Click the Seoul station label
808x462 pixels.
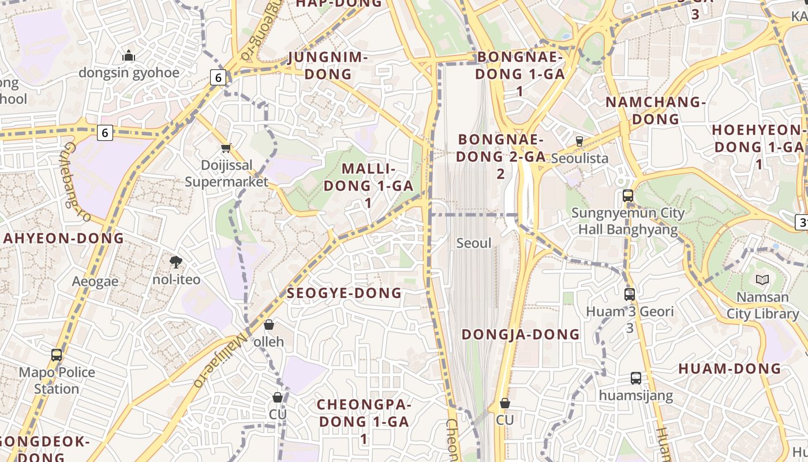(x=474, y=243)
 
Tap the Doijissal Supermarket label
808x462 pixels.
(x=226, y=173)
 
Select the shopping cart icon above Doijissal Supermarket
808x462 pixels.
(x=226, y=148)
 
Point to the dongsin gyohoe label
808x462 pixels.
(x=129, y=73)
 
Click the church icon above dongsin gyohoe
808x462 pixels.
(x=129, y=55)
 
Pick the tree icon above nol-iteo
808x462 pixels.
(x=176, y=263)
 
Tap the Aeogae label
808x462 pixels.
(x=95, y=282)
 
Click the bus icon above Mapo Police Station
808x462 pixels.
(x=57, y=355)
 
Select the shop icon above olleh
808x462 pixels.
(x=268, y=325)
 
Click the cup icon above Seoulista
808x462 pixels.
(x=579, y=141)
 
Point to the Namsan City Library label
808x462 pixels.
(x=762, y=305)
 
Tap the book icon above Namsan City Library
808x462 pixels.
(x=762, y=280)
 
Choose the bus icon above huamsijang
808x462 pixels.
(x=635, y=378)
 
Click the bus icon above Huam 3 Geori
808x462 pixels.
(x=630, y=294)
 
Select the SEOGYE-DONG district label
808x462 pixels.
(x=345, y=293)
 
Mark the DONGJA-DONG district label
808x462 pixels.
(x=521, y=334)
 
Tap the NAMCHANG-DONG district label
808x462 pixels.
(x=656, y=111)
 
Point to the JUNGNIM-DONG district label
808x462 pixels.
(x=328, y=65)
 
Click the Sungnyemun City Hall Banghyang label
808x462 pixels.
(x=628, y=221)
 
